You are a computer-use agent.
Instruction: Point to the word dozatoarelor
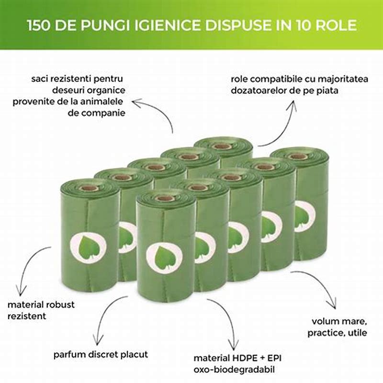click(x=259, y=90)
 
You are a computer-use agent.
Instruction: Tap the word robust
click(x=60, y=304)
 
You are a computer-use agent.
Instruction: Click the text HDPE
click(x=244, y=358)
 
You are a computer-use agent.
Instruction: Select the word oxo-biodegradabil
click(x=234, y=370)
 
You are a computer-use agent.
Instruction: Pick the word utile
click(x=358, y=333)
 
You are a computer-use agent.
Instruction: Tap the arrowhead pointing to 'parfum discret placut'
click(x=98, y=341)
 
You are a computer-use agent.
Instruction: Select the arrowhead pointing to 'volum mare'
click(x=334, y=305)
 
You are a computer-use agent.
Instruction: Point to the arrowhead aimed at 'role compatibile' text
click(x=293, y=104)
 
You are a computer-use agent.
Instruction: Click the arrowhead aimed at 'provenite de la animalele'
click(x=136, y=102)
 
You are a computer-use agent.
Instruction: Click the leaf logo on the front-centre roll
click(x=164, y=258)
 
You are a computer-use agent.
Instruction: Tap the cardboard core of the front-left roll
click(x=89, y=188)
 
